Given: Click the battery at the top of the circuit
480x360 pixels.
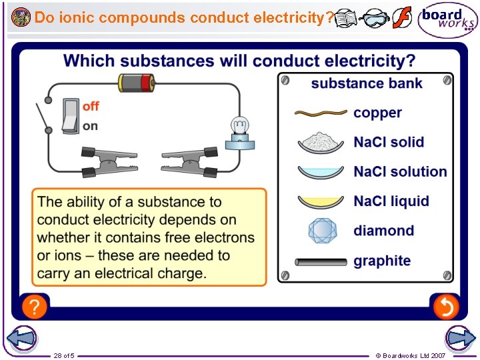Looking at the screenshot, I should coord(137,83).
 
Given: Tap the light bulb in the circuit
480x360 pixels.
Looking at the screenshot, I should coord(239,129).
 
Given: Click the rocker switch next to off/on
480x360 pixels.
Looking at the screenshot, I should coord(70,115).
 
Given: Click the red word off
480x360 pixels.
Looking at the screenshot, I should coord(91,107).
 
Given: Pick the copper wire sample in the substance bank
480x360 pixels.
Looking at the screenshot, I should coord(320,113).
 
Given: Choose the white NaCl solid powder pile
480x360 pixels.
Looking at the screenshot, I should coord(321,142).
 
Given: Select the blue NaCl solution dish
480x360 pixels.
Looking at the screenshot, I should coord(321,172).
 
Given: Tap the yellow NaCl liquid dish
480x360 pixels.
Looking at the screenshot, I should coord(321,201).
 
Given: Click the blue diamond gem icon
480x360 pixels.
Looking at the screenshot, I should coord(321,231).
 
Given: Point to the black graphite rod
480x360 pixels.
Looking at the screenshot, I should coord(321,261).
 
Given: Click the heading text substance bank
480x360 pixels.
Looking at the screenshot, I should coord(367,83).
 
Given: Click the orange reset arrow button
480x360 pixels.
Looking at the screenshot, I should coord(445,307).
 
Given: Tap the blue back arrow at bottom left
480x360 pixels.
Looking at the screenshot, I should coord(21,338).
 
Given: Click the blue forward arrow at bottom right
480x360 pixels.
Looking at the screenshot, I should coord(460,338).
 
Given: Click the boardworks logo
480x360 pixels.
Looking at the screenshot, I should coord(447,21).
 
